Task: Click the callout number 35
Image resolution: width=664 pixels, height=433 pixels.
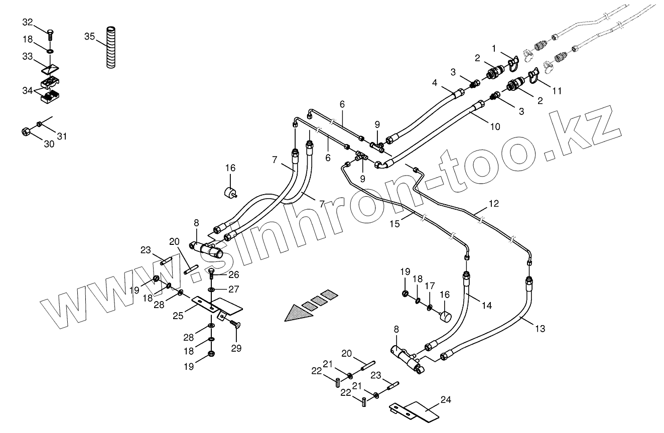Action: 90,37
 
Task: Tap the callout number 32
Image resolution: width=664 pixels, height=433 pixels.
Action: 28,23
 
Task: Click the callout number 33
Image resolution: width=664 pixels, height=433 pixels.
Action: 28,57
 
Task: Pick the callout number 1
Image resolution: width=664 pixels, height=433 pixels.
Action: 494,49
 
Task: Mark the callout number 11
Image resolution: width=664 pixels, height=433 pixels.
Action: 557,91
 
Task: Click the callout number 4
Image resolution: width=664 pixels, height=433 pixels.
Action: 435,83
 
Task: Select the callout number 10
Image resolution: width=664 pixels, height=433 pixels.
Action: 495,126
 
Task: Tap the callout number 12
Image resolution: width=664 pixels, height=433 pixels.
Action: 494,204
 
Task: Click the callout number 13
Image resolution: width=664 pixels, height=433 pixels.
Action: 540,329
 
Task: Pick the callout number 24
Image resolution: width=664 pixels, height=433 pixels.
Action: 446,400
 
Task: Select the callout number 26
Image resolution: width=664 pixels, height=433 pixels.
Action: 233,274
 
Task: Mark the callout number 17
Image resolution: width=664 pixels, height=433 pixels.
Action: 430,286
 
